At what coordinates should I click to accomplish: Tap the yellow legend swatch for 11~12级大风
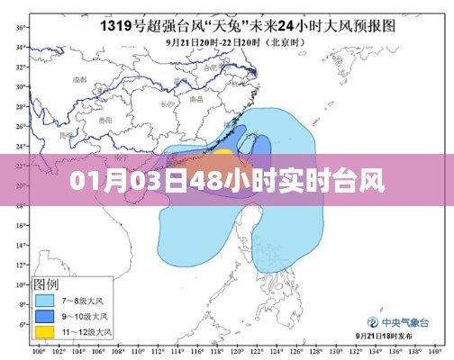tap(44, 331)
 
